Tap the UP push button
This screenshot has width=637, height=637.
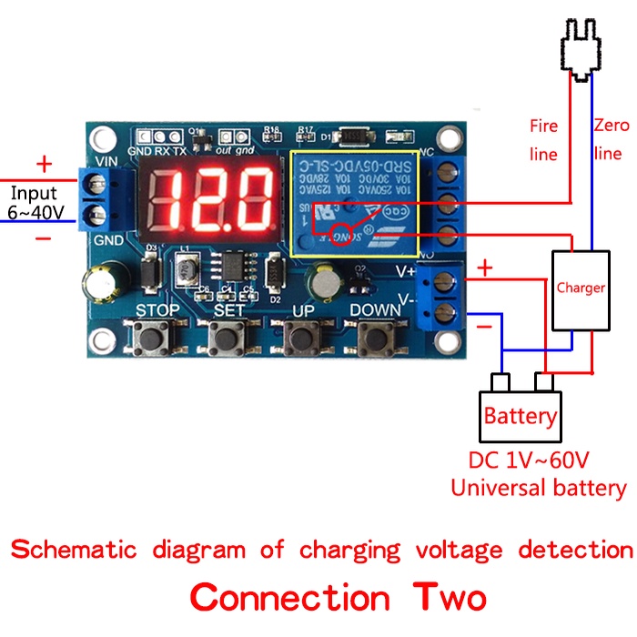point(301,339)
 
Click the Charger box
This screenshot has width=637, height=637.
point(581,288)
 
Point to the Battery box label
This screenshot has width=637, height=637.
point(521,416)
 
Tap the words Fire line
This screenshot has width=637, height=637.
point(543,139)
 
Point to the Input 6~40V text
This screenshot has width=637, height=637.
point(34,202)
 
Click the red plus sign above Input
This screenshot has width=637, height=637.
point(43,165)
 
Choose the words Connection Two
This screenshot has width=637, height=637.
point(338,598)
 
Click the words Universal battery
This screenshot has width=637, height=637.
point(539,488)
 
